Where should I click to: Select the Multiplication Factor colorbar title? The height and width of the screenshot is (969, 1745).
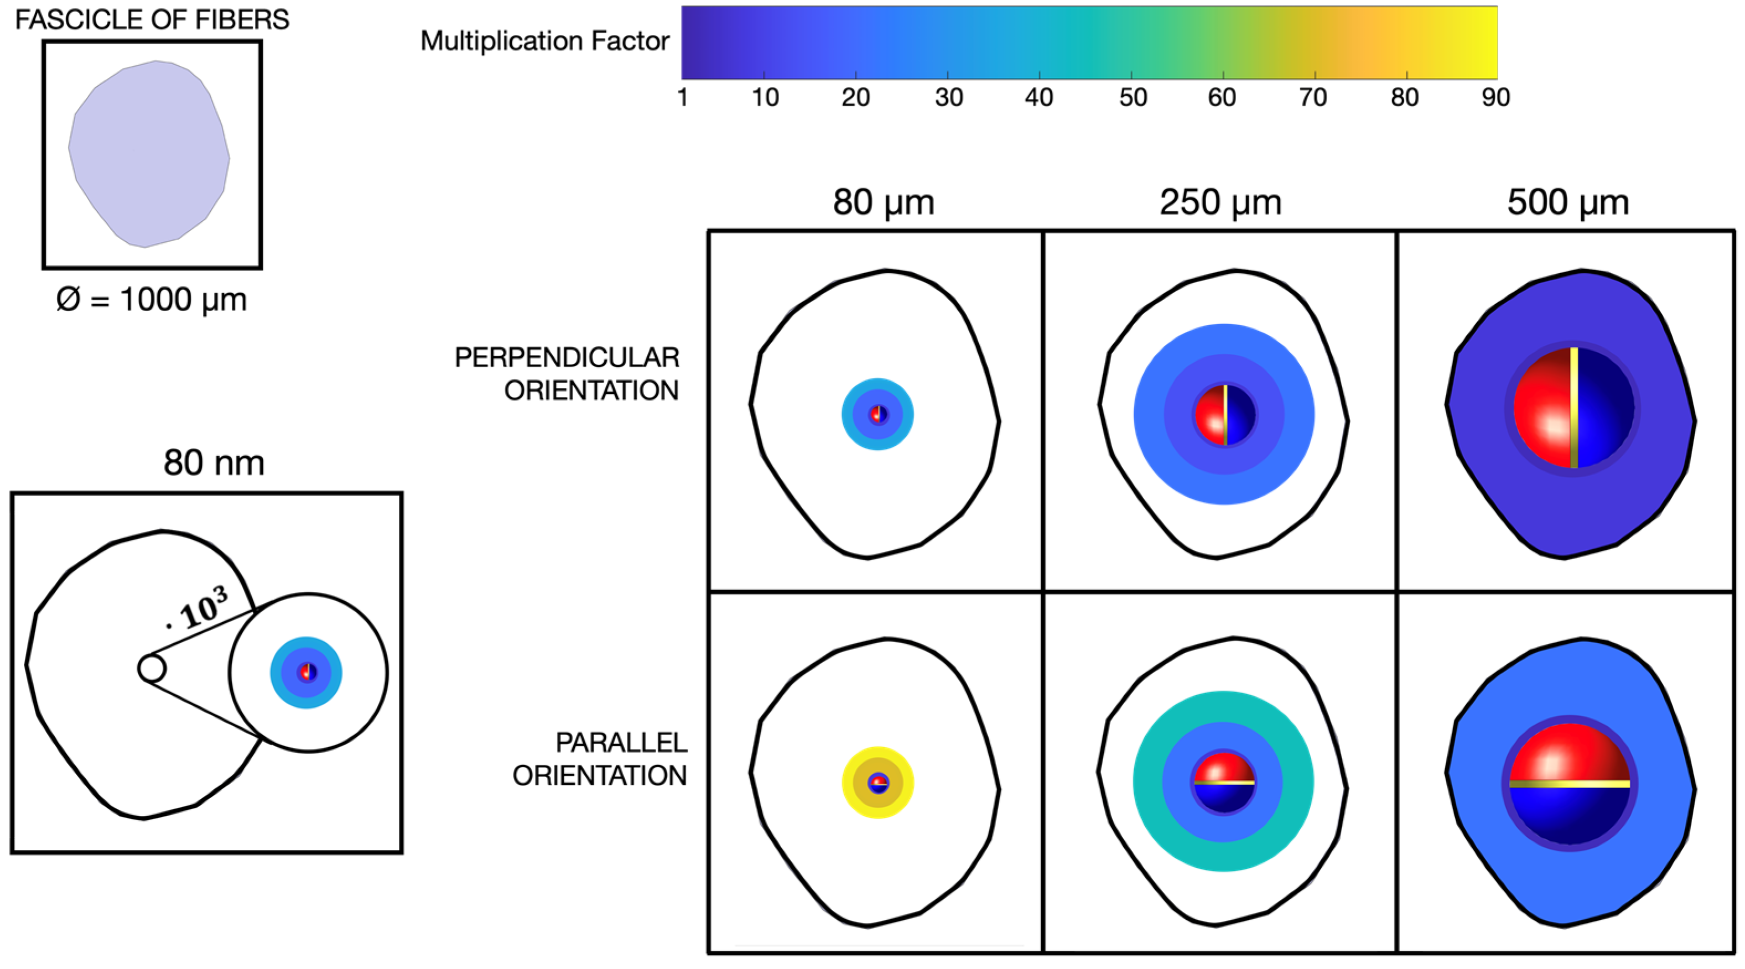point(544,41)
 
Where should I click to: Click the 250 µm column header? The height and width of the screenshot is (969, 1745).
point(1221,202)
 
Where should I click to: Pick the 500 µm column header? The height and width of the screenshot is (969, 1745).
point(1567,202)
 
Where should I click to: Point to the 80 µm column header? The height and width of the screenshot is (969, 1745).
point(884,202)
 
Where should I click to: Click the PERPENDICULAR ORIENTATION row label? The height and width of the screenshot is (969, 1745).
point(567,374)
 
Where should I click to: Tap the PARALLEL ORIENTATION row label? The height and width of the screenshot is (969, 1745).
point(600,758)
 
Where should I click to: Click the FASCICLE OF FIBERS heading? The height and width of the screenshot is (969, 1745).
point(152,20)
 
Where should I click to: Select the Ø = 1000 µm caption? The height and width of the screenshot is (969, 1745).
point(152,299)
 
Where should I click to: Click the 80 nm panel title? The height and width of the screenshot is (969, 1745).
point(214,463)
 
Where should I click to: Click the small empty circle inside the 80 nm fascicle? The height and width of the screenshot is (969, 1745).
point(151,668)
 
